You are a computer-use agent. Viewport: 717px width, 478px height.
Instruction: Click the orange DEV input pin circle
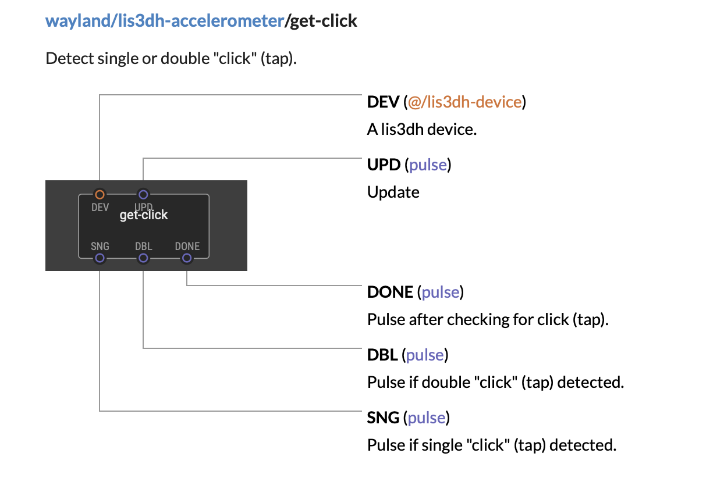pyautogui.click(x=100, y=194)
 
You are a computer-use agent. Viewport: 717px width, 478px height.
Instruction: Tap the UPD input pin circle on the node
pyautogui.click(x=143, y=194)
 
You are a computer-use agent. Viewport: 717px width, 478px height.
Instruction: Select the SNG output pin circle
pyautogui.click(x=100, y=258)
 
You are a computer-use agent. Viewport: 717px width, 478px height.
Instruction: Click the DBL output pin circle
pyautogui.click(x=143, y=258)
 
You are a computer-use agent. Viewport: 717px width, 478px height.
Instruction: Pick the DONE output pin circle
pyautogui.click(x=187, y=258)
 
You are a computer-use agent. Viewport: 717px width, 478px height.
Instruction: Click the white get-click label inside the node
pyautogui.click(x=143, y=215)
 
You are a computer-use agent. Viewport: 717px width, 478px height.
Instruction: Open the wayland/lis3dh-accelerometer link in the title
pyautogui.click(x=165, y=21)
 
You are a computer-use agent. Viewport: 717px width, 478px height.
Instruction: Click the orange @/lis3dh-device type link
pyautogui.click(x=465, y=102)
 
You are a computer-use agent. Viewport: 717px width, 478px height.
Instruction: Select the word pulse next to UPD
pyautogui.click(x=428, y=165)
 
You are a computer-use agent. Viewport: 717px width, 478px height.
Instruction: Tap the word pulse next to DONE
pyautogui.click(x=441, y=292)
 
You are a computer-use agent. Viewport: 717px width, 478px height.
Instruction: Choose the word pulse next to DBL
pyautogui.click(x=425, y=355)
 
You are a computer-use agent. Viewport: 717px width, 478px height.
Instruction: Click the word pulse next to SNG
pyautogui.click(x=427, y=418)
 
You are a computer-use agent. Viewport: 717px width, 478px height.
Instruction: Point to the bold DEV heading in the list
pyautogui.click(x=383, y=102)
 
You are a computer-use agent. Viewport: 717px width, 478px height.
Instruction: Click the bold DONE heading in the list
pyautogui.click(x=390, y=292)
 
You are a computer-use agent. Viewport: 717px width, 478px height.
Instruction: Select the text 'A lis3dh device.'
pyautogui.click(x=422, y=130)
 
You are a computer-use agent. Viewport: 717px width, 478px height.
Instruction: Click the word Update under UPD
pyautogui.click(x=393, y=192)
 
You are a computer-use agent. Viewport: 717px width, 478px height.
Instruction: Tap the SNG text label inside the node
pyautogui.click(x=100, y=246)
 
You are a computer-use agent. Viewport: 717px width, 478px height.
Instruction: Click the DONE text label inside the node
pyautogui.click(x=187, y=246)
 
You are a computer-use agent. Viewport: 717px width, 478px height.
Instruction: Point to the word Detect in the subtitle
pyautogui.click(x=69, y=59)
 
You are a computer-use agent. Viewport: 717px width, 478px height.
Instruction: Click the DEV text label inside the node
pyautogui.click(x=100, y=208)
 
